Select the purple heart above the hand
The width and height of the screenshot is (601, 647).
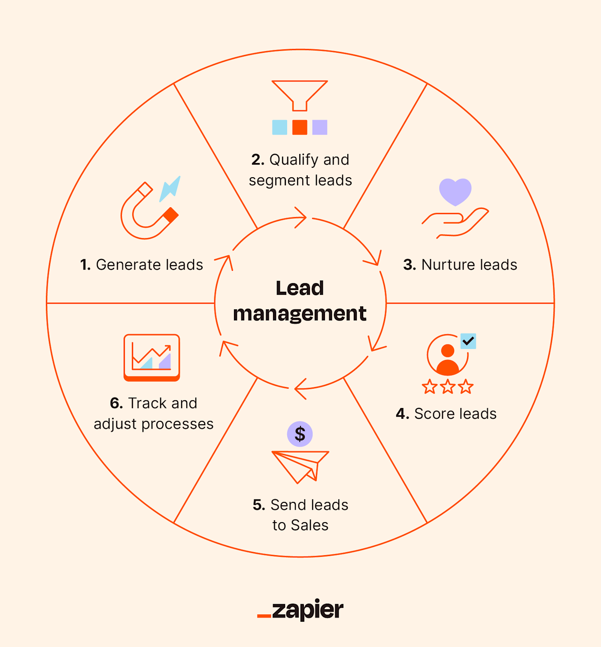pos(455,191)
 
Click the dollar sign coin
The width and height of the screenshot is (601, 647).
pos(300,434)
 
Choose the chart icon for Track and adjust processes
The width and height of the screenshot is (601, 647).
pos(152,357)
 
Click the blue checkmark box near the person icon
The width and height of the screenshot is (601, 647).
pos(468,341)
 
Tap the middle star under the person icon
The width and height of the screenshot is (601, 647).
pos(448,387)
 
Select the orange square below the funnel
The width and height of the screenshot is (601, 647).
pos(300,127)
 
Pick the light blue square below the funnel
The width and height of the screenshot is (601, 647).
pos(279,127)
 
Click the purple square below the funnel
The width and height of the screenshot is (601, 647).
pos(320,127)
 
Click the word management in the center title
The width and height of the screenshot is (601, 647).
pos(300,314)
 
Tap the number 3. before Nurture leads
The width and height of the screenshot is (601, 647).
pos(410,265)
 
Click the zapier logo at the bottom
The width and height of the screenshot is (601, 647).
pos(300,610)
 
